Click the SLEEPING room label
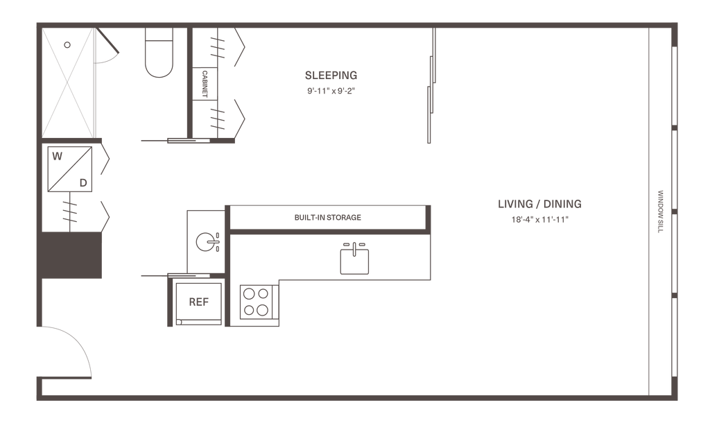point(331,75)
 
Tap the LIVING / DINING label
point(539,204)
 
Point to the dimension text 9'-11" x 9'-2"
point(331,91)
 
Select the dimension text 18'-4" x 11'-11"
point(539,220)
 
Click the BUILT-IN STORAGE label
point(327,218)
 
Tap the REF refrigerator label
point(198,302)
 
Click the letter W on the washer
point(57,156)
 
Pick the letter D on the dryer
point(83,183)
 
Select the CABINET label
point(205,84)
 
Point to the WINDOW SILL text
point(660,212)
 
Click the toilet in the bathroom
point(159,53)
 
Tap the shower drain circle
point(67,45)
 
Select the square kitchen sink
point(354,261)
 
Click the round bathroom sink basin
point(205,242)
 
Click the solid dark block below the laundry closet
point(71,255)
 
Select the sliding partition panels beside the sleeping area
point(431,85)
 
